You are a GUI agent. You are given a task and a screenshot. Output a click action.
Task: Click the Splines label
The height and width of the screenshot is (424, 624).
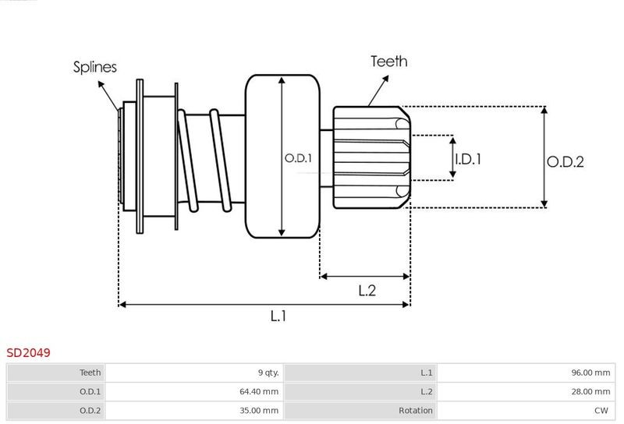[94, 67]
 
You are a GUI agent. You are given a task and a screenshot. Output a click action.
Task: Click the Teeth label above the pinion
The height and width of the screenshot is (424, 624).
[388, 62]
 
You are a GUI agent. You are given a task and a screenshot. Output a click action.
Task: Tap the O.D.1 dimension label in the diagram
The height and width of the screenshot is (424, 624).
[298, 158]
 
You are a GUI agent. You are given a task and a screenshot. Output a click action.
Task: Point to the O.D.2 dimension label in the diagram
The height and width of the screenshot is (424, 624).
[565, 162]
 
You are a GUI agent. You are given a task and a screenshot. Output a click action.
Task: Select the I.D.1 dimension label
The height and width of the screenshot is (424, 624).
[468, 159]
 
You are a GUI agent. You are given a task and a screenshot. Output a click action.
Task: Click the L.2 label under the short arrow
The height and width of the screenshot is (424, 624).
[367, 291]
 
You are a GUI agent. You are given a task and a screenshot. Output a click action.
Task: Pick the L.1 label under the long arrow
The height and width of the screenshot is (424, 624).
[278, 316]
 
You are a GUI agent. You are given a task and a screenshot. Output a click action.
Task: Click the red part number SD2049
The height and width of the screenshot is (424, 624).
[28, 353]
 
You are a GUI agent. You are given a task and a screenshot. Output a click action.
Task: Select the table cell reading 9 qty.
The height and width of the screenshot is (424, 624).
[268, 373]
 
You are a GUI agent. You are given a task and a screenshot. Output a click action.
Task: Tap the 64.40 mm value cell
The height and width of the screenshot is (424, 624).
[259, 392]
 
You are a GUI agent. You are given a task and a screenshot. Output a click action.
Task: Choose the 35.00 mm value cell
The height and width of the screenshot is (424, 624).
[259, 411]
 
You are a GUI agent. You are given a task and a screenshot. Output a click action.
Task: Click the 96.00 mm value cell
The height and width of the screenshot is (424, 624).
[590, 373]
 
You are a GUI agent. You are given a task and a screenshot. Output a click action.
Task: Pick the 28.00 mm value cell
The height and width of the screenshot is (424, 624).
[590, 392]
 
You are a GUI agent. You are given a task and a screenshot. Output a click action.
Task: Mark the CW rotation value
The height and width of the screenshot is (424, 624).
[601, 411]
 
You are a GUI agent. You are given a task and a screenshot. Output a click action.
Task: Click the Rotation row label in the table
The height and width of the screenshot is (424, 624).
[416, 411]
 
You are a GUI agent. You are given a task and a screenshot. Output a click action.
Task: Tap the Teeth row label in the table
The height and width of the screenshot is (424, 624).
[90, 373]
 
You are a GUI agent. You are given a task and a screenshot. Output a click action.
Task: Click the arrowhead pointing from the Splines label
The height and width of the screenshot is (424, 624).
[101, 84]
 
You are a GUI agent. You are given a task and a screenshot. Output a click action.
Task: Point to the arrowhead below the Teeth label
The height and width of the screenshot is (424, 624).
[385, 79]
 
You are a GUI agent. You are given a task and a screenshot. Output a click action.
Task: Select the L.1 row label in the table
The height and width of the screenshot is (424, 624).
[426, 373]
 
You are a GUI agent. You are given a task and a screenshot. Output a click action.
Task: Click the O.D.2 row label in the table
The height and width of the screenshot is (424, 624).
[90, 411]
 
